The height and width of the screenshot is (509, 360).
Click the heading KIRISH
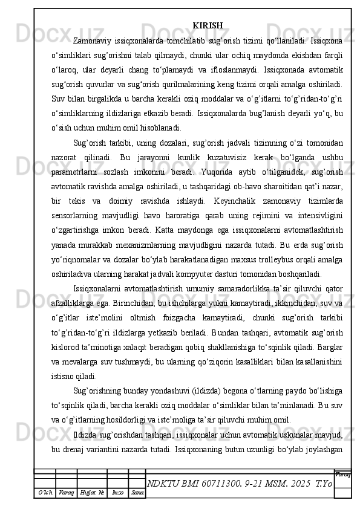tap(208, 25)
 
